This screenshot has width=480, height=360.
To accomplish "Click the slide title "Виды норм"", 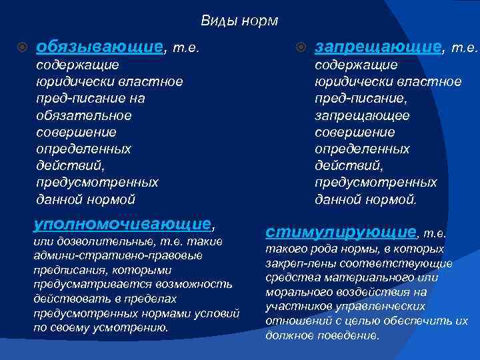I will [x=239, y=21].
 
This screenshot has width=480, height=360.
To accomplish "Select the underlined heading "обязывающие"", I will [x=99, y=47].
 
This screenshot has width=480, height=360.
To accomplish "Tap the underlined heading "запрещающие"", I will [x=378, y=47].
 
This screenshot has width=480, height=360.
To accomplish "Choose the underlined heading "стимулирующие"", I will [x=340, y=232].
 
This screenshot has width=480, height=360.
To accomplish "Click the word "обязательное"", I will [x=84, y=115].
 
